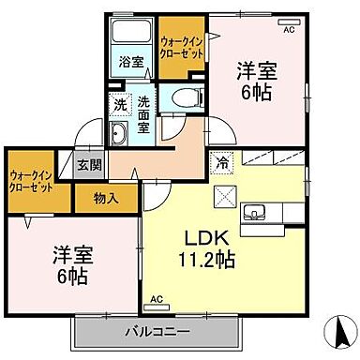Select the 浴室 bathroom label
pos(130,63)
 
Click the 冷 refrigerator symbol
pos(223,160)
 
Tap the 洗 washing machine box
pos(120,105)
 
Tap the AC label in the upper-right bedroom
pos(288,30)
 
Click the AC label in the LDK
pos(157,298)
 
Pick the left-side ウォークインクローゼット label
pos(32,178)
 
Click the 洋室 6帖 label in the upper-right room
pos(256,79)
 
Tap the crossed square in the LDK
pos(226,195)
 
